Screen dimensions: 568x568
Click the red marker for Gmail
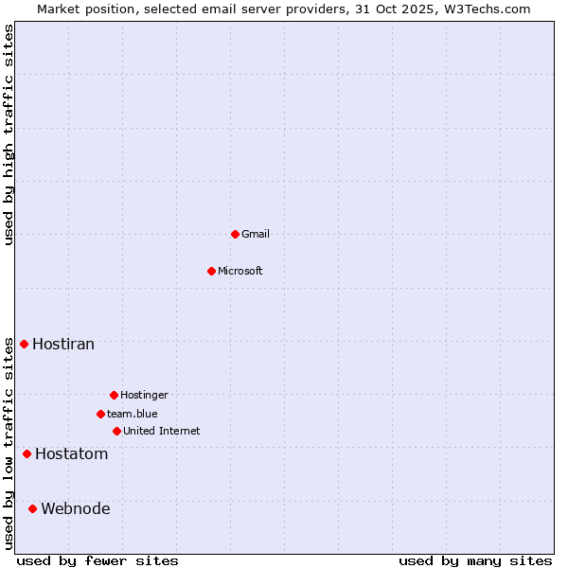point(235,234)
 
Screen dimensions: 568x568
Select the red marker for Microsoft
point(211,271)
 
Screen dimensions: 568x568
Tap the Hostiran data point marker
point(24,344)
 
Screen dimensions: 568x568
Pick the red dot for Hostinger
point(114,395)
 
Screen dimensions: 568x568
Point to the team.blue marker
point(100,414)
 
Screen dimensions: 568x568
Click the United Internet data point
point(116,431)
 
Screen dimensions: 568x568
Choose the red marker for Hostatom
point(27,453)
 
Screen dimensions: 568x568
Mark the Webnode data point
point(32,508)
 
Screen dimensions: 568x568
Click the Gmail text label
point(256,234)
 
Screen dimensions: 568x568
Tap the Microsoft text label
point(240,271)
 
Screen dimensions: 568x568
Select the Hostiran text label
point(63,344)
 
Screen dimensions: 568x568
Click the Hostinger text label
point(144,395)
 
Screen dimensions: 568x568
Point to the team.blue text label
point(133,414)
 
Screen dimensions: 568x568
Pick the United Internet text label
point(162,431)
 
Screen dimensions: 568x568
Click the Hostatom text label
point(72,453)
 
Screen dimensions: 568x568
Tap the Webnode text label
point(76,508)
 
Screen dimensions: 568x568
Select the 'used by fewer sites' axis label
point(98,560)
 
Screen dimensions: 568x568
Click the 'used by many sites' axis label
point(475,560)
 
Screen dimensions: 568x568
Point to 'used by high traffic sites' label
point(9,134)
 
